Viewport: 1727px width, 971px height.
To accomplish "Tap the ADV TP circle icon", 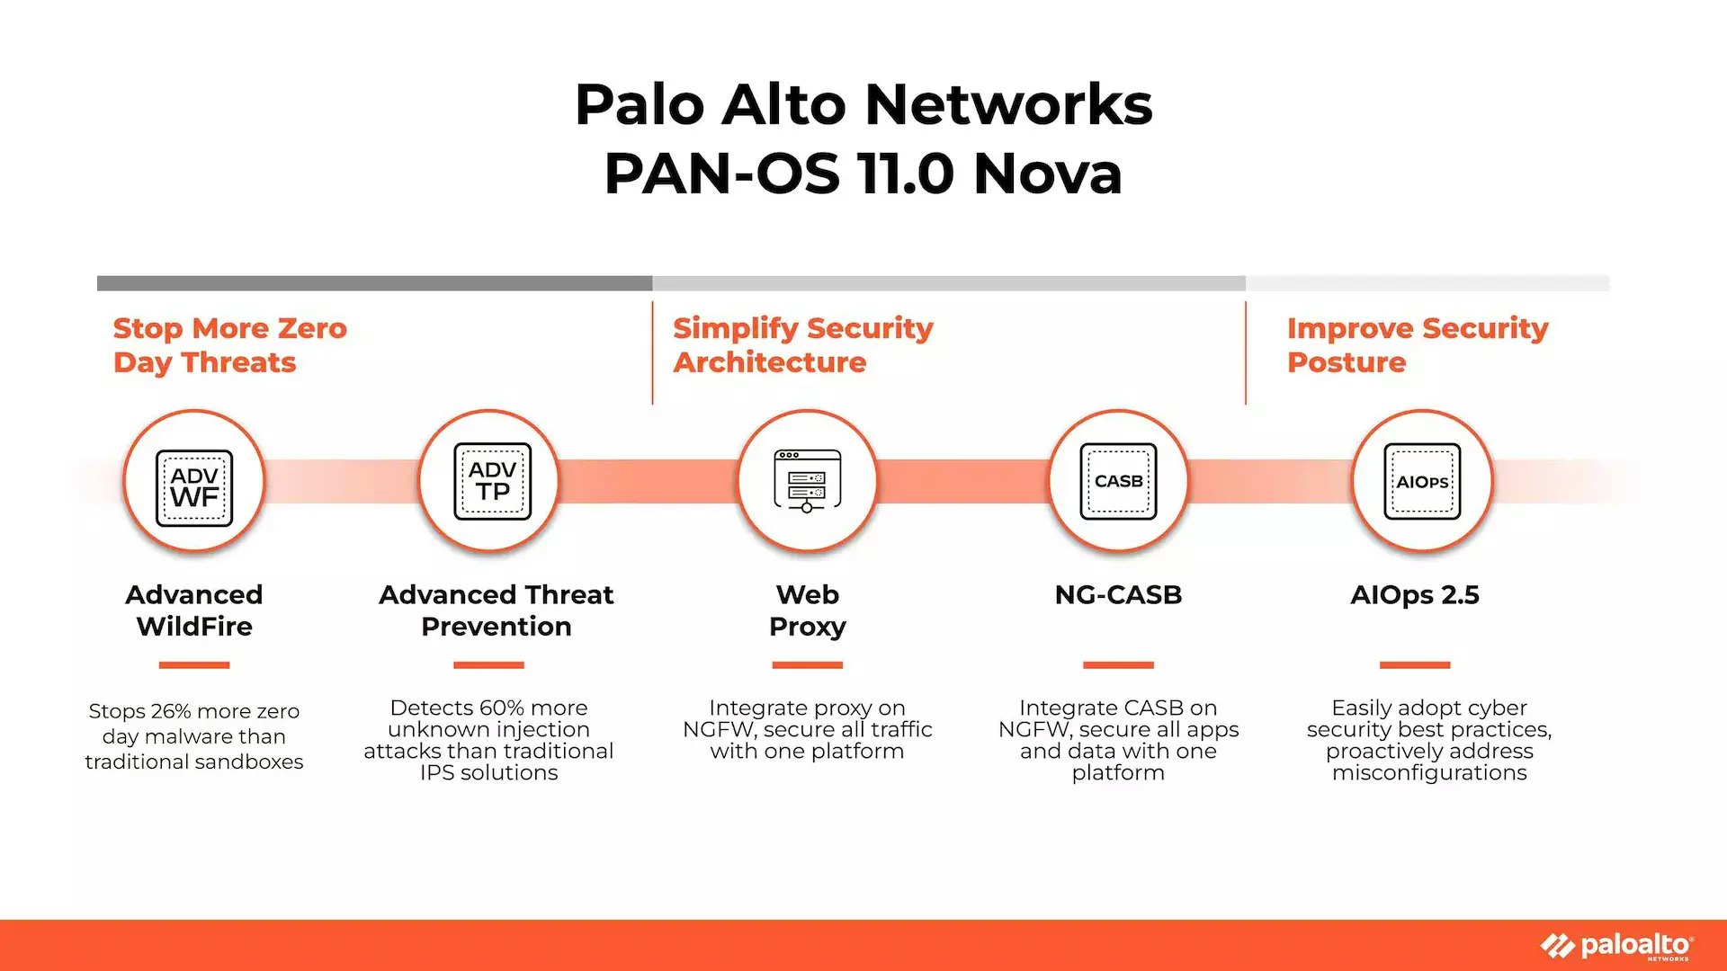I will tap(492, 481).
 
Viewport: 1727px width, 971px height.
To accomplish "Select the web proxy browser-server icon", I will tap(807, 481).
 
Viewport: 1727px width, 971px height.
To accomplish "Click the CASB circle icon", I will tap(1118, 481).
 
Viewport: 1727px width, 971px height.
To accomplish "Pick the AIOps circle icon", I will tap(1422, 481).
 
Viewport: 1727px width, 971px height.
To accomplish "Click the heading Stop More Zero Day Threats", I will tap(229, 345).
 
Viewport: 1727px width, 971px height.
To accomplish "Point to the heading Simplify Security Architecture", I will tap(802, 345).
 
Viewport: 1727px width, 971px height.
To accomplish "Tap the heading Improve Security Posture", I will tap(1417, 345).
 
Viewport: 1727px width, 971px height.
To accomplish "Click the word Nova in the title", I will tap(1048, 173).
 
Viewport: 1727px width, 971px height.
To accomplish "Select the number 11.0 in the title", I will tap(905, 173).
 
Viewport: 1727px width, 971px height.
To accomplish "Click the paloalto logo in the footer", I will tap(1619, 946).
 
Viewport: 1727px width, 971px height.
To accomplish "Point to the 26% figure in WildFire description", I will tap(171, 711).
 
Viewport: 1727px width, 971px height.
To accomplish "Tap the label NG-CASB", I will tap(1118, 594).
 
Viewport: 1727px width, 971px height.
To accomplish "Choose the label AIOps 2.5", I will tap(1414, 594).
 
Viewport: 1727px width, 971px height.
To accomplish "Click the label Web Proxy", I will tap(807, 610).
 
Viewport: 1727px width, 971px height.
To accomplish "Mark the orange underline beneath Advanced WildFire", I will tap(194, 665).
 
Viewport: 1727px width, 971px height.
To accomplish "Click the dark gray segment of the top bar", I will tap(374, 283).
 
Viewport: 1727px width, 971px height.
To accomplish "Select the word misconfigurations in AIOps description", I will tap(1429, 773).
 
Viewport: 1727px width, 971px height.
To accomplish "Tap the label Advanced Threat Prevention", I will tap(496, 610).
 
